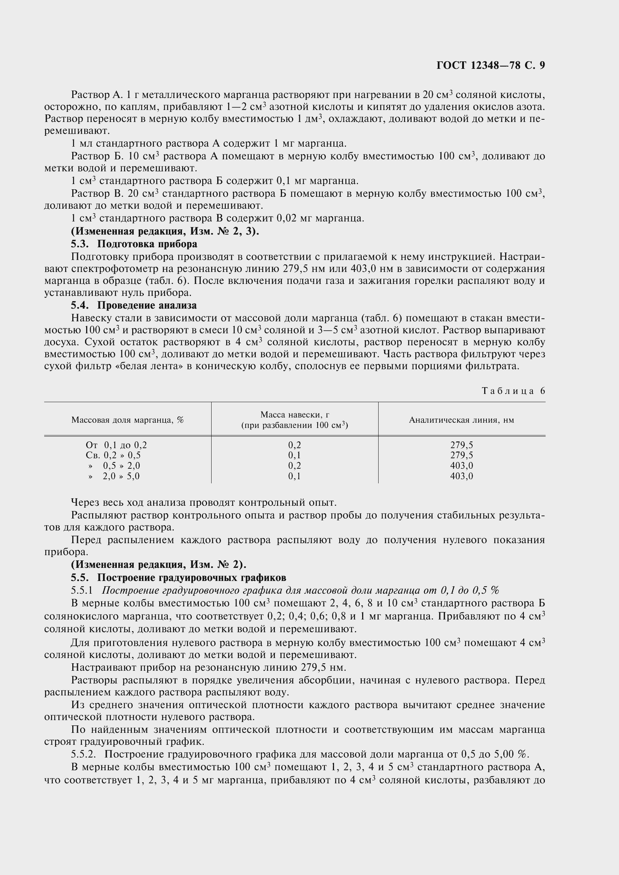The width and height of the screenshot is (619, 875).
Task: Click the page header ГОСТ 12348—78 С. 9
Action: (491, 65)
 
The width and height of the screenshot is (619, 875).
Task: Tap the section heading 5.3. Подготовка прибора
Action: (134, 244)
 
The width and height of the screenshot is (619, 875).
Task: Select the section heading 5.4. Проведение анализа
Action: (133, 305)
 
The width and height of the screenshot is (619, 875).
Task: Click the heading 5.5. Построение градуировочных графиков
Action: (178, 578)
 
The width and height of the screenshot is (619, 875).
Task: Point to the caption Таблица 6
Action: (513, 391)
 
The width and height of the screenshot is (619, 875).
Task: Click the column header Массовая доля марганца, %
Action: (127, 420)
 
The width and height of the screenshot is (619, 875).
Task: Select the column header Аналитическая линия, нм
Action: (461, 420)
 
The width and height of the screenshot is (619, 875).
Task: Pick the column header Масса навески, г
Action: (294, 414)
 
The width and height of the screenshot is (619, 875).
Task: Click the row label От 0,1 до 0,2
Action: (116, 445)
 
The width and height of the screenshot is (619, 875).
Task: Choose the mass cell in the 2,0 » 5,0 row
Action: (294, 476)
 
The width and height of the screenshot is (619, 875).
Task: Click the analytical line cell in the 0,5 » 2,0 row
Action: (461, 466)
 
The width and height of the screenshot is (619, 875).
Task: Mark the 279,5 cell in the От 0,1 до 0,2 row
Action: (461, 445)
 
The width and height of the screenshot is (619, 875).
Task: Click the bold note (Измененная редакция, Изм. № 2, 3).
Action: (165, 231)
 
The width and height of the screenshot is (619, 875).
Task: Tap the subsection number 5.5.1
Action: (82, 590)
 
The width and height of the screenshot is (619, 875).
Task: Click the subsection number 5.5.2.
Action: (83, 754)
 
